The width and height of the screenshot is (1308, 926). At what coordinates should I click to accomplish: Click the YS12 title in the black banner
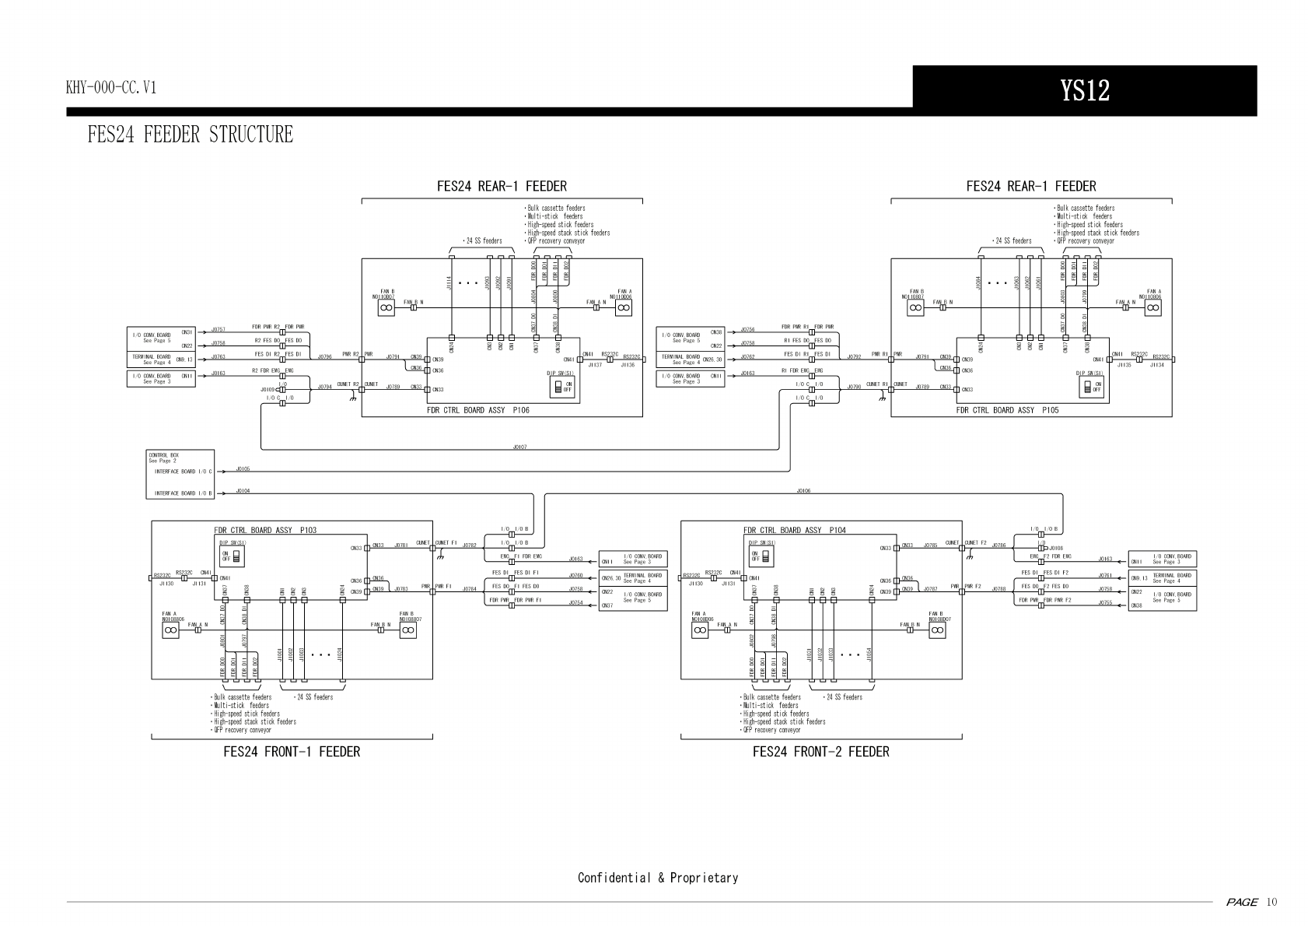1084,91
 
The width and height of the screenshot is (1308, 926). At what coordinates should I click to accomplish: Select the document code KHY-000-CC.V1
111,87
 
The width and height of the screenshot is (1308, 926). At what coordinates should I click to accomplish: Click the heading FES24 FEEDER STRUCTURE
191,135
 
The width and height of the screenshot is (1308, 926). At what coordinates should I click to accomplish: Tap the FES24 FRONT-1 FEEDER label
292,752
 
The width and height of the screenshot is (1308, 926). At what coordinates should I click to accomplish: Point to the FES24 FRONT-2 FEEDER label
820,752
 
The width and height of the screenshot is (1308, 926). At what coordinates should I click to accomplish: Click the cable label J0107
519,447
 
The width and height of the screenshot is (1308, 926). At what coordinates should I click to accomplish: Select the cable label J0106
803,491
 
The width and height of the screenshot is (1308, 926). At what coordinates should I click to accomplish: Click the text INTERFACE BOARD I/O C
183,472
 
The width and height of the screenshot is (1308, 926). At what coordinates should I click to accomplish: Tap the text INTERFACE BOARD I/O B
183,493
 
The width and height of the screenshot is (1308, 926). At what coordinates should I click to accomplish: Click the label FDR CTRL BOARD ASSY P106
477,410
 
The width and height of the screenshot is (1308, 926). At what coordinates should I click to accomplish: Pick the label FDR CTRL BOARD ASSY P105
1007,410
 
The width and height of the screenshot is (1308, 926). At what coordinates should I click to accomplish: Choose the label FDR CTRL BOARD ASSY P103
265,531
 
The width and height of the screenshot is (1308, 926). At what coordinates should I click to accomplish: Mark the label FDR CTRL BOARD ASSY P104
794,531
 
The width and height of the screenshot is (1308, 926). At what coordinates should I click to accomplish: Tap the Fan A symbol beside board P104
700,631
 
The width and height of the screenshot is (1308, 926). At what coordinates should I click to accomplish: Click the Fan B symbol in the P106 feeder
386,308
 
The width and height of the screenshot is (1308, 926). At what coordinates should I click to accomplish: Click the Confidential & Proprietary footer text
657,878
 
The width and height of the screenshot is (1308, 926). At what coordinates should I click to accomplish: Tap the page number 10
1271,903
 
